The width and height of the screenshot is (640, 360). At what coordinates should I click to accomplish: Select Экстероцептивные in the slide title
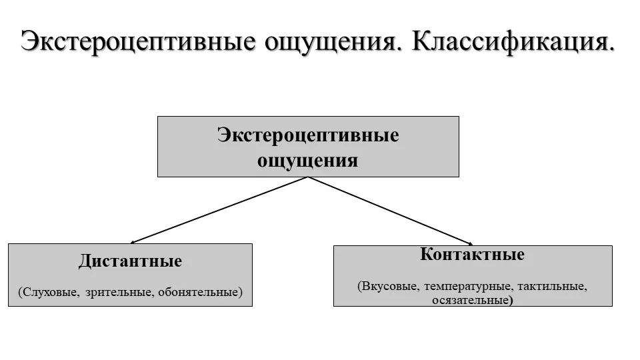(138, 41)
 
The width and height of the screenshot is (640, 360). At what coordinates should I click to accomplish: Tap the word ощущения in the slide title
(331, 43)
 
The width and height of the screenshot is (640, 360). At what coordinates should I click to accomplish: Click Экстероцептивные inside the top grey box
(308, 135)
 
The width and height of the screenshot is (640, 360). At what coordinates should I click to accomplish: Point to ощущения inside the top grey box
(308, 160)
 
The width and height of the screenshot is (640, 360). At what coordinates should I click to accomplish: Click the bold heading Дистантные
(130, 261)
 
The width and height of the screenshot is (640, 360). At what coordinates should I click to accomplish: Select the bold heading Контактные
(472, 254)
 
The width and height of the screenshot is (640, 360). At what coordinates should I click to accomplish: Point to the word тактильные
(552, 286)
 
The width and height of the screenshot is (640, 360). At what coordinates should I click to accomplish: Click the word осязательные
(470, 300)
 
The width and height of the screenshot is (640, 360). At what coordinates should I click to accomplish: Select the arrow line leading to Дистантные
(219, 210)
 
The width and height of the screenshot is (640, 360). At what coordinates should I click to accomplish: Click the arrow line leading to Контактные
(391, 211)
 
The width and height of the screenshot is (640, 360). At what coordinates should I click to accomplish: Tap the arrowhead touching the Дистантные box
(132, 242)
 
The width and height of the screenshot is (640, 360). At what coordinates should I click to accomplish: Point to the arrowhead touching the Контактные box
(471, 244)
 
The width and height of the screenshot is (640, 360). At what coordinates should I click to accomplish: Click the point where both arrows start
(308, 177)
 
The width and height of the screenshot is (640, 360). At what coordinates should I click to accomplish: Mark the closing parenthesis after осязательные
(511, 301)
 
